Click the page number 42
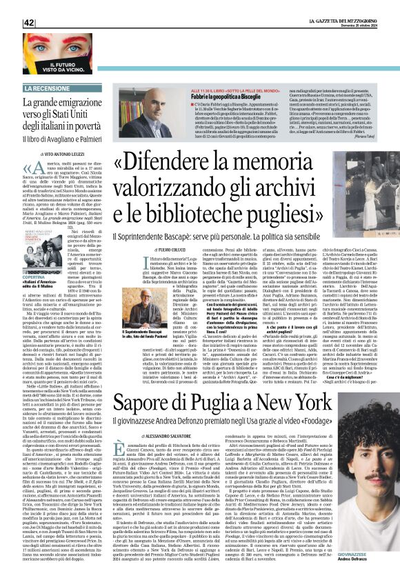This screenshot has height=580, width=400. tap(30, 23)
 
